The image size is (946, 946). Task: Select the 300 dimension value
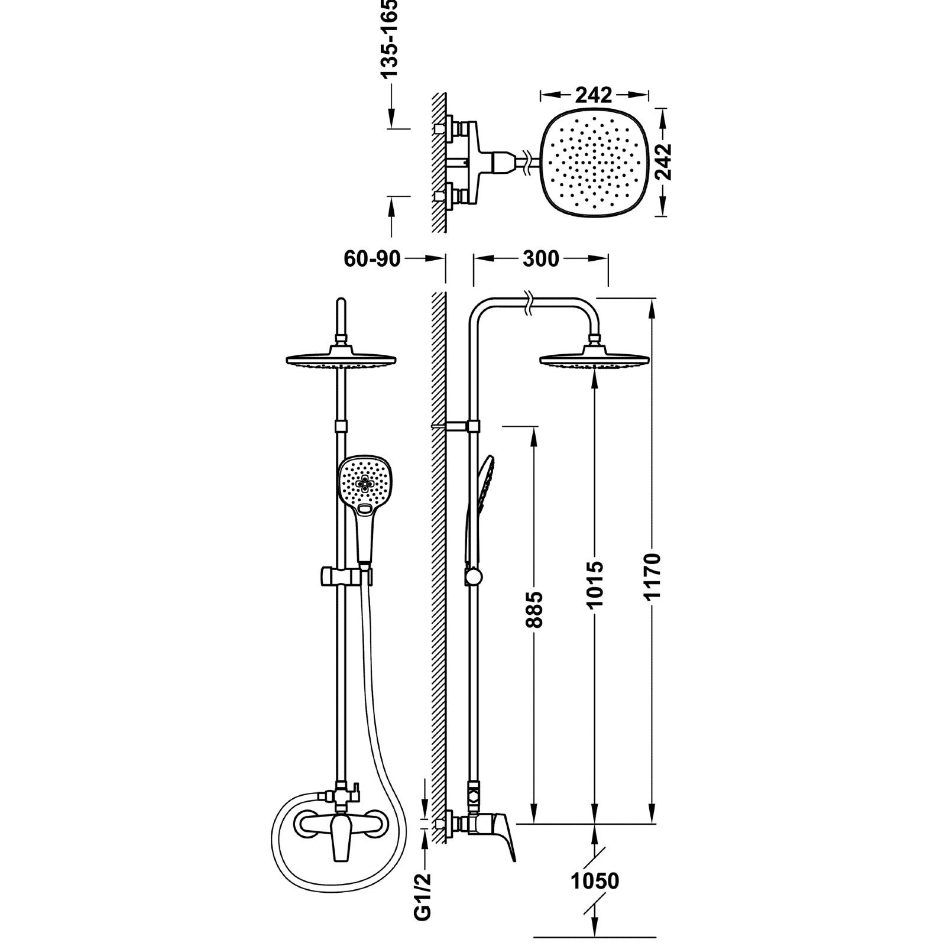[541, 258]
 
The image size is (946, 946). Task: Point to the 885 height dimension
[534, 609]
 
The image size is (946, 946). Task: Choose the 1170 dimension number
[652, 576]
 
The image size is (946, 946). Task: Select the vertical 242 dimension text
[666, 162]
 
